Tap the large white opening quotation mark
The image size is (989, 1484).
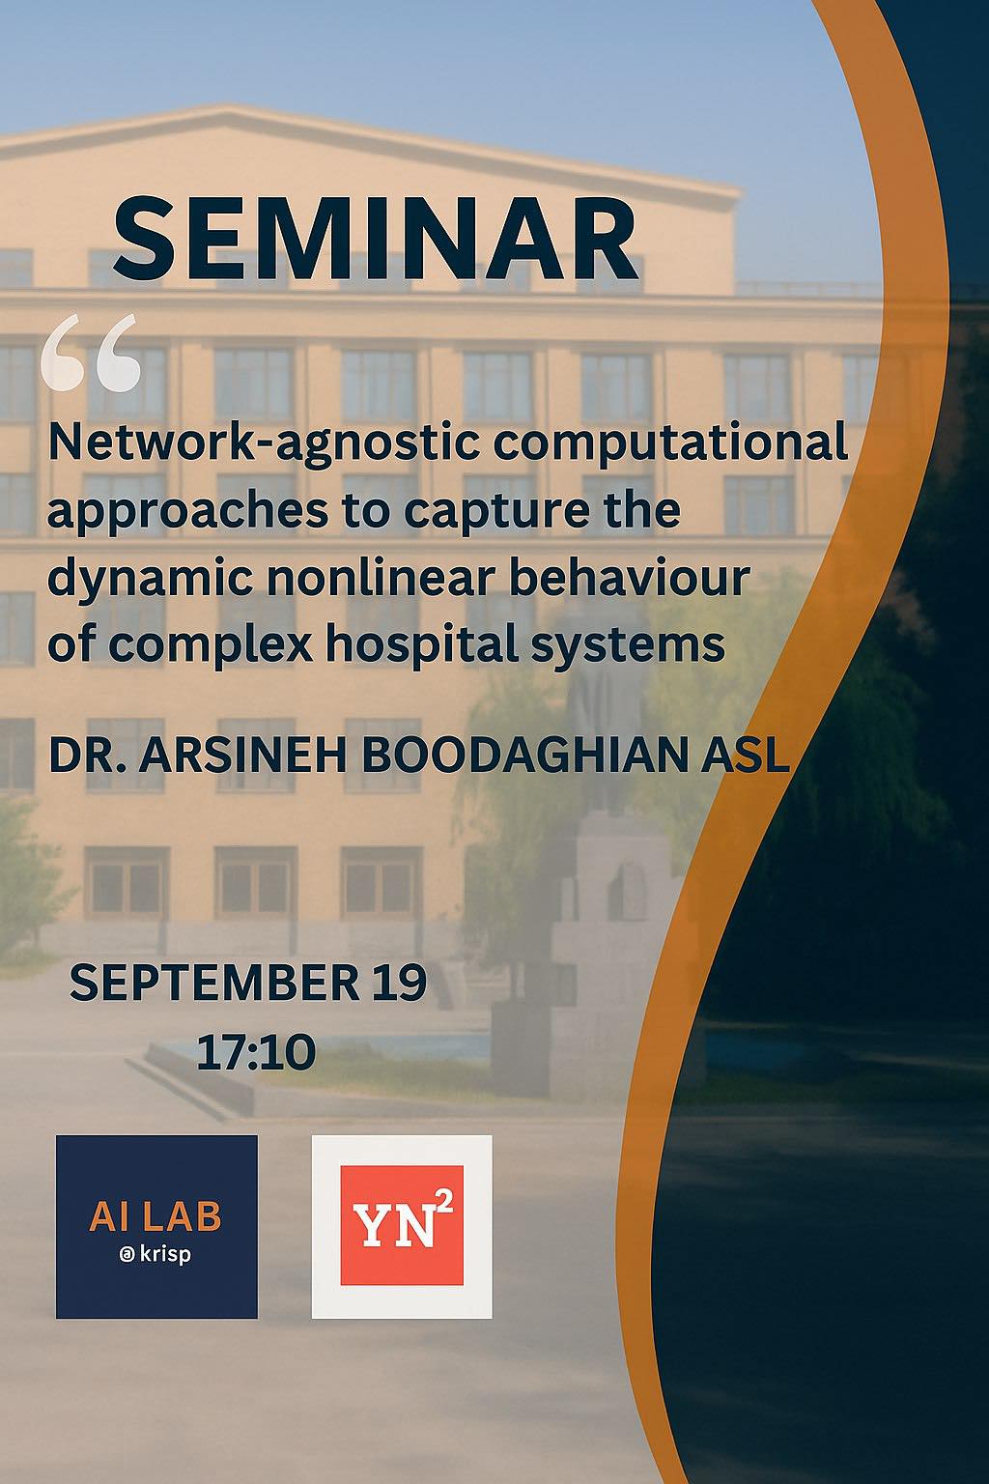(92, 354)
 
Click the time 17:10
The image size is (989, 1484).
(256, 1051)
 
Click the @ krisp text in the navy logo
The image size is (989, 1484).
(155, 1257)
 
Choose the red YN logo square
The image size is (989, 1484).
(401, 1226)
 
